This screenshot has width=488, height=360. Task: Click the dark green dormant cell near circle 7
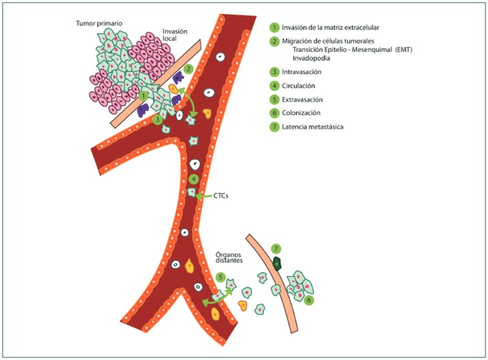[276, 261]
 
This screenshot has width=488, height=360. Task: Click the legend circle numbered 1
[274, 27]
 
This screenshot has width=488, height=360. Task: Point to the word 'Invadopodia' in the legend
[311, 58]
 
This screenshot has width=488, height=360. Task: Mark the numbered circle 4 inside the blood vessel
[193, 179]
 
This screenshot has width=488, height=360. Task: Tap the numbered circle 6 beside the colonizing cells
[309, 299]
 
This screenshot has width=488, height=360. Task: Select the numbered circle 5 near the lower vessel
[220, 277]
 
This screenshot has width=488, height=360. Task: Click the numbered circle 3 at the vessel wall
[157, 119]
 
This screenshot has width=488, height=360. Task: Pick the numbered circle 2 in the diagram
[188, 68]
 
